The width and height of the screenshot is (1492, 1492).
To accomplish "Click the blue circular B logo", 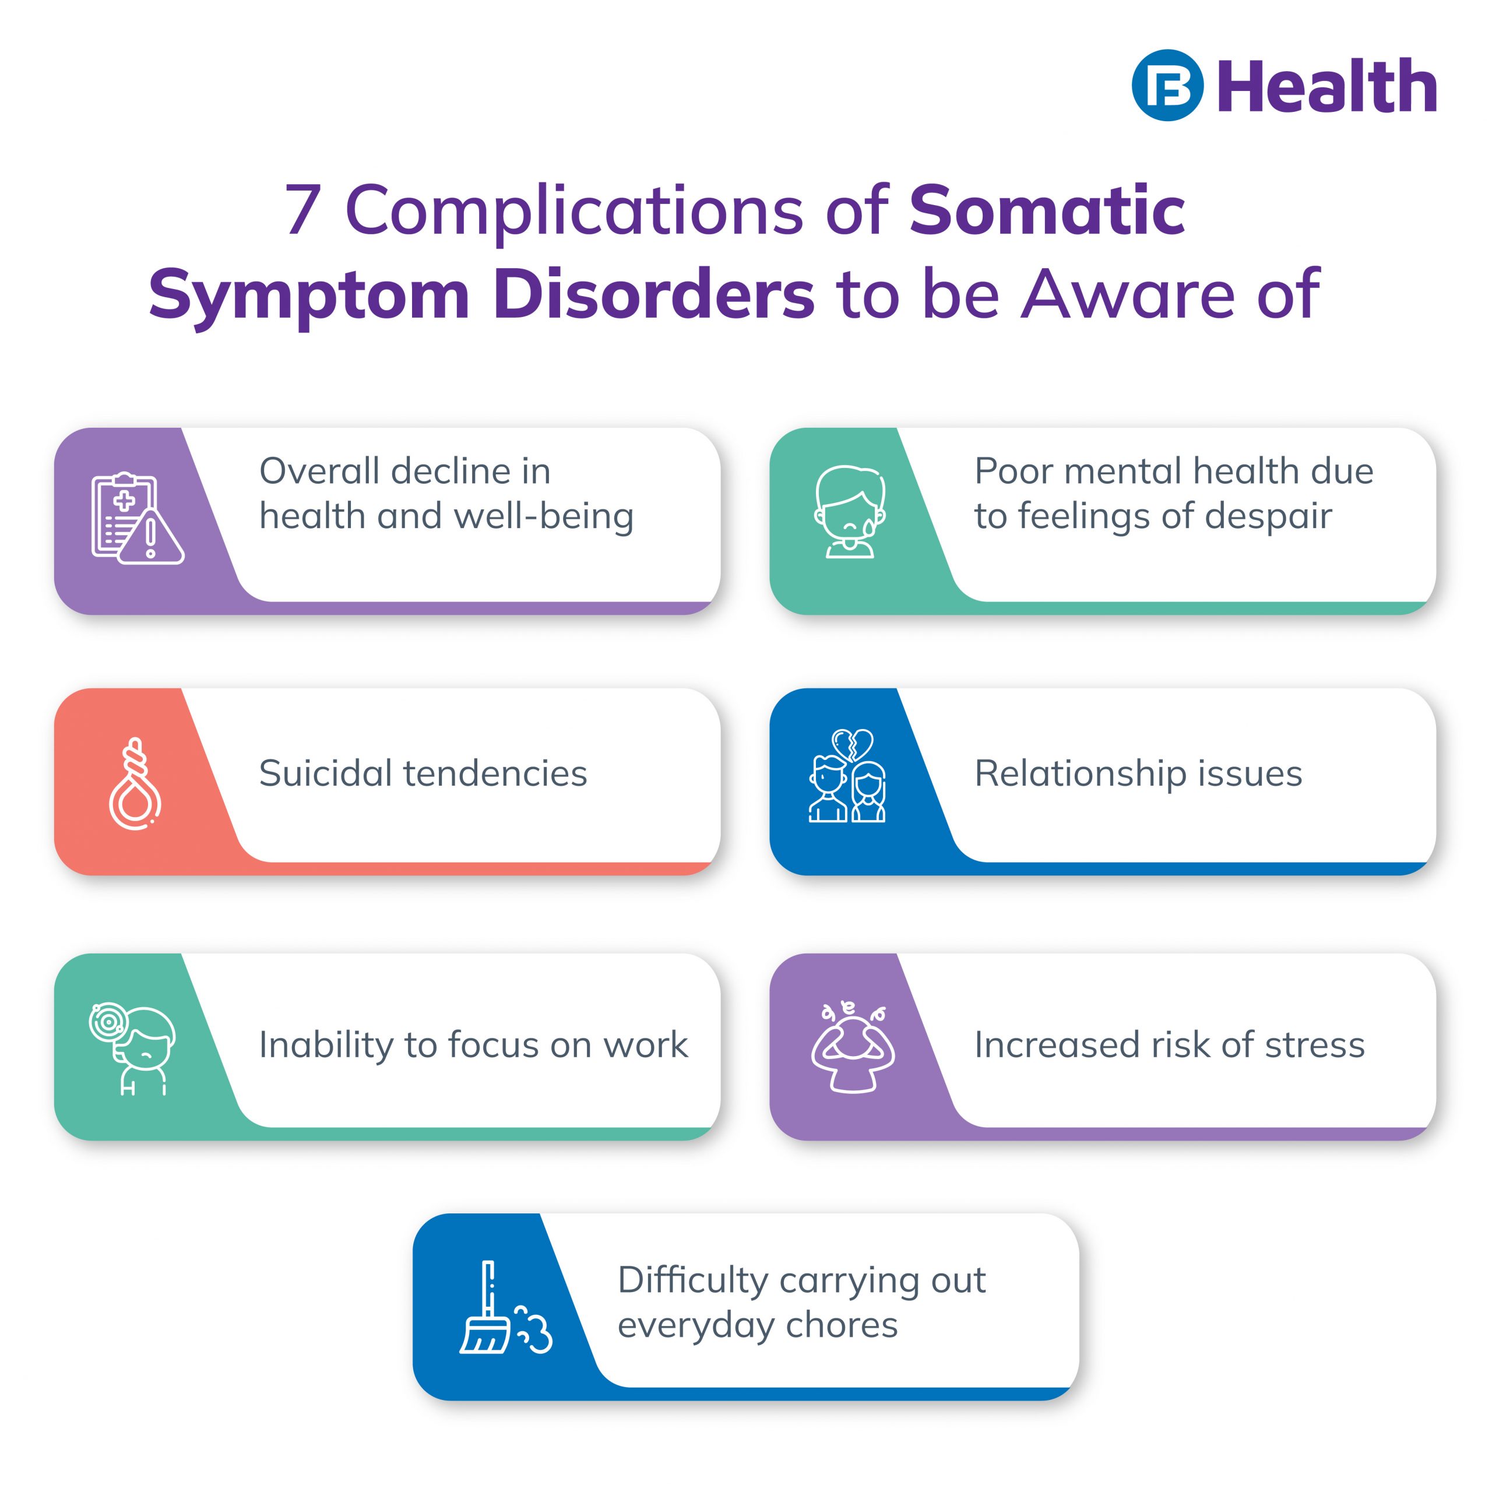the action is (x=1167, y=85).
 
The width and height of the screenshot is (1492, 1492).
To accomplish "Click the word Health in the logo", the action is (x=1326, y=86).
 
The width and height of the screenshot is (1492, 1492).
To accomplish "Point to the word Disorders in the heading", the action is (x=653, y=294).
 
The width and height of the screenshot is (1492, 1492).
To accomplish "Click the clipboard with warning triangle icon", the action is (x=138, y=518).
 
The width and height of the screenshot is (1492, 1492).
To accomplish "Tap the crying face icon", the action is (x=850, y=511).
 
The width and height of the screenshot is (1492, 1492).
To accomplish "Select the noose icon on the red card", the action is (x=136, y=783).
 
